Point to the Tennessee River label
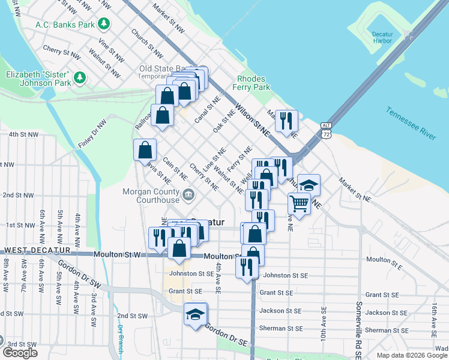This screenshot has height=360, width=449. [411, 124]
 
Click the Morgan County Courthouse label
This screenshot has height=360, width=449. [151, 196]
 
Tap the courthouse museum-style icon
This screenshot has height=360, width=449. [188, 194]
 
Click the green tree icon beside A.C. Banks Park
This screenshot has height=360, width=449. [104, 24]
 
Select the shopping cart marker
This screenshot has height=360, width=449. [299, 203]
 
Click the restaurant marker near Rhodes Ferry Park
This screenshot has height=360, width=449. [286, 120]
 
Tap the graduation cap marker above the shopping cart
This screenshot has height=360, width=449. [309, 185]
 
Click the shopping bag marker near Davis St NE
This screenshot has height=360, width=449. [145, 149]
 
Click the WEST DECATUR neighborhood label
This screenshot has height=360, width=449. [37, 250]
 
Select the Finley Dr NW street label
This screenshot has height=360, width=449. [92, 134]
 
